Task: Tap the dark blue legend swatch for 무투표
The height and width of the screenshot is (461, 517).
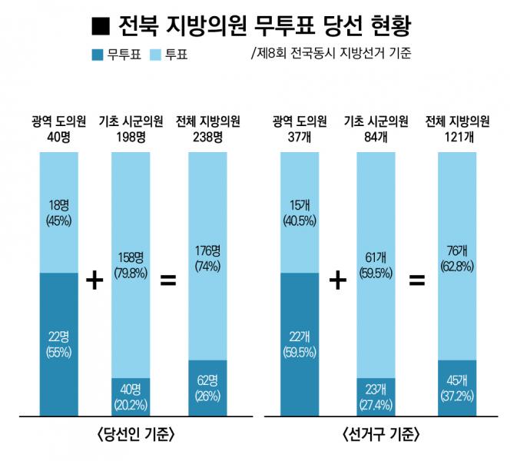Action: [98, 55]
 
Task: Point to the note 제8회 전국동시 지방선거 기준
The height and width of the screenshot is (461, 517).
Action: [330, 55]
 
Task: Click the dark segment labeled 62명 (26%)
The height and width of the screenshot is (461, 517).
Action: [207, 387]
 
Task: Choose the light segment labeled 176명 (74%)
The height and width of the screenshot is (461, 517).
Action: [207, 256]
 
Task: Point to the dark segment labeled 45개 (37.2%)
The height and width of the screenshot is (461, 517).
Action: [456, 387]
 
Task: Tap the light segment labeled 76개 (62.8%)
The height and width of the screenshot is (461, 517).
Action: [456, 256]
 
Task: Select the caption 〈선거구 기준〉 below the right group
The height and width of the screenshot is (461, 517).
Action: [380, 434]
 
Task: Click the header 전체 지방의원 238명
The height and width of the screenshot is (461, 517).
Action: [208, 129]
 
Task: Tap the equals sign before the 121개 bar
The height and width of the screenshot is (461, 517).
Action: [416, 280]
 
